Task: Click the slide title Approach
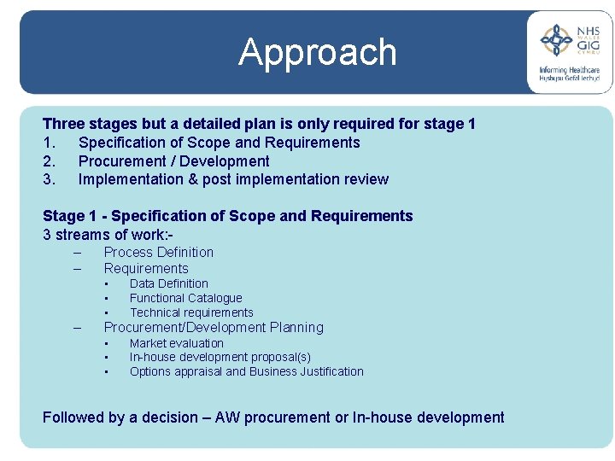pos(318,52)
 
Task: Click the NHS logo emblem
pos(558,39)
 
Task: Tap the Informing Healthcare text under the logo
pos(569,70)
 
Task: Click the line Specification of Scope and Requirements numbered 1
pos(219,143)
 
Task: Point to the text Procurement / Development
pos(173,161)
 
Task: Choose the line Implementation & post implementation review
pos(233,179)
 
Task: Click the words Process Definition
pos(158,252)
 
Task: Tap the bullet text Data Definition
pos(168,283)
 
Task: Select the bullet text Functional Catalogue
pos(185,298)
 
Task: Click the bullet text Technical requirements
pos(191,312)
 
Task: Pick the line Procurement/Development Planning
pos(214,327)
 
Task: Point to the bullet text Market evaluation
pos(176,343)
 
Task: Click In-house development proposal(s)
pos(220,357)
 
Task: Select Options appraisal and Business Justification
pos(246,371)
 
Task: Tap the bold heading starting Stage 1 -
pos(227,216)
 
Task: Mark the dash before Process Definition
pos(77,253)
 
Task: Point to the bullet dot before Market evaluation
pos(106,343)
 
